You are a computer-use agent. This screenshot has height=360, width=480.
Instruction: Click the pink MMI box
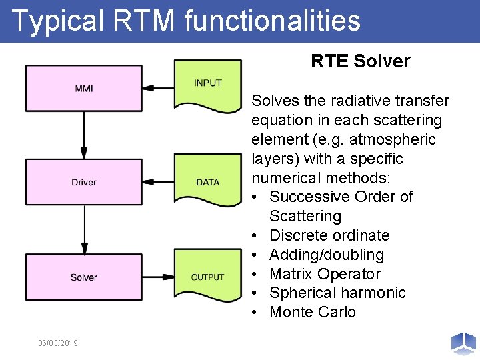[84, 88]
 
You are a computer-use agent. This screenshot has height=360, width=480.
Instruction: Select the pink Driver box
[84, 182]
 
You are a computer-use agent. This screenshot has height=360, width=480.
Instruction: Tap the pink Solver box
[84, 277]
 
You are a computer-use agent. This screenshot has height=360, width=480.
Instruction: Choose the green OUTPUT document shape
[207, 276]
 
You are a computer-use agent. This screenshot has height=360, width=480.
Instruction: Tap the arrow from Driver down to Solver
[84, 230]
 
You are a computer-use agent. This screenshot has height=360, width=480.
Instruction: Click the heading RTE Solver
[360, 61]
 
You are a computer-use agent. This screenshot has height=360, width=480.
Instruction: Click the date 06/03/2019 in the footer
[58, 343]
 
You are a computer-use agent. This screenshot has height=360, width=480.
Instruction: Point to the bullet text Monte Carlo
[312, 312]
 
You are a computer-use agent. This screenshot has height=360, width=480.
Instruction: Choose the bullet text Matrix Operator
[325, 274]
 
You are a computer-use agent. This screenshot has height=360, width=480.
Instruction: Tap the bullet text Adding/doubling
[327, 255]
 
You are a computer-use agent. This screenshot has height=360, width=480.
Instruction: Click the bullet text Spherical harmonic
[337, 293]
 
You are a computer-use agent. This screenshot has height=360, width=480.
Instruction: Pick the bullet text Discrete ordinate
[329, 235]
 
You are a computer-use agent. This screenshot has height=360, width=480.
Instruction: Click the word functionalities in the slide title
[272, 20]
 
